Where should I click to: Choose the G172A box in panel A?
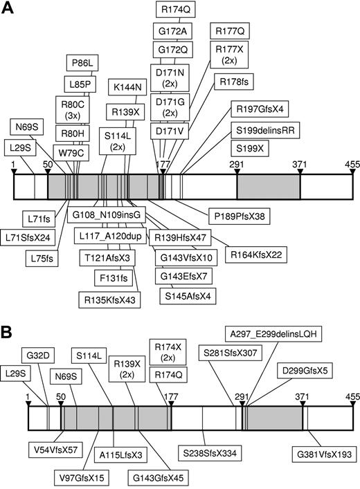[171, 32]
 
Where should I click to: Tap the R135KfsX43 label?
[110, 299]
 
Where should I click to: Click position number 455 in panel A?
[343, 164]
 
